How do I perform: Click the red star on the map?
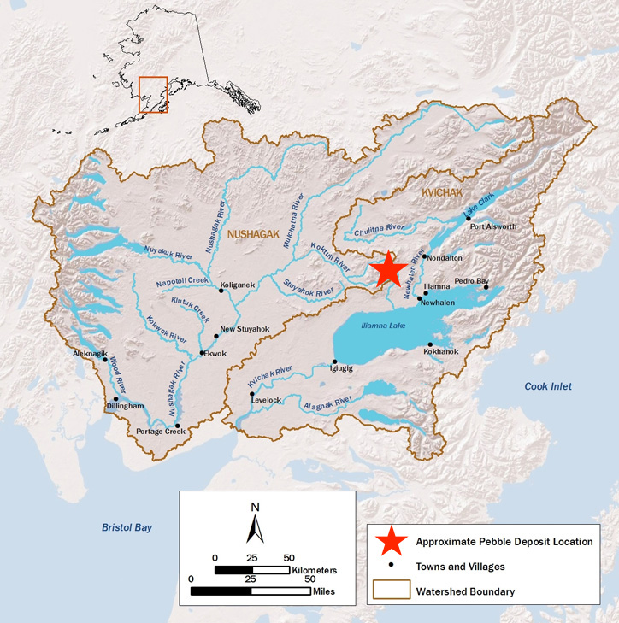point(390,267)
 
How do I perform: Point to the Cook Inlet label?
point(548,387)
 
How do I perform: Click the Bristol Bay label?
point(127,527)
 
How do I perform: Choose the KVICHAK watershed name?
point(442,195)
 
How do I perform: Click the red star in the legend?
point(391,541)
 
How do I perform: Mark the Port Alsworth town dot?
point(469,218)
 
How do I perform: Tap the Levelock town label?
point(267,399)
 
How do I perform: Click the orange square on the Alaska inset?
point(153,94)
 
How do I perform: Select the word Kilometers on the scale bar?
point(315,569)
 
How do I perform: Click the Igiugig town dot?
point(335,361)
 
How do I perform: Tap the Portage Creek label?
point(161,432)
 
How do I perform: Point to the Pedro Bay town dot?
point(486,287)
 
